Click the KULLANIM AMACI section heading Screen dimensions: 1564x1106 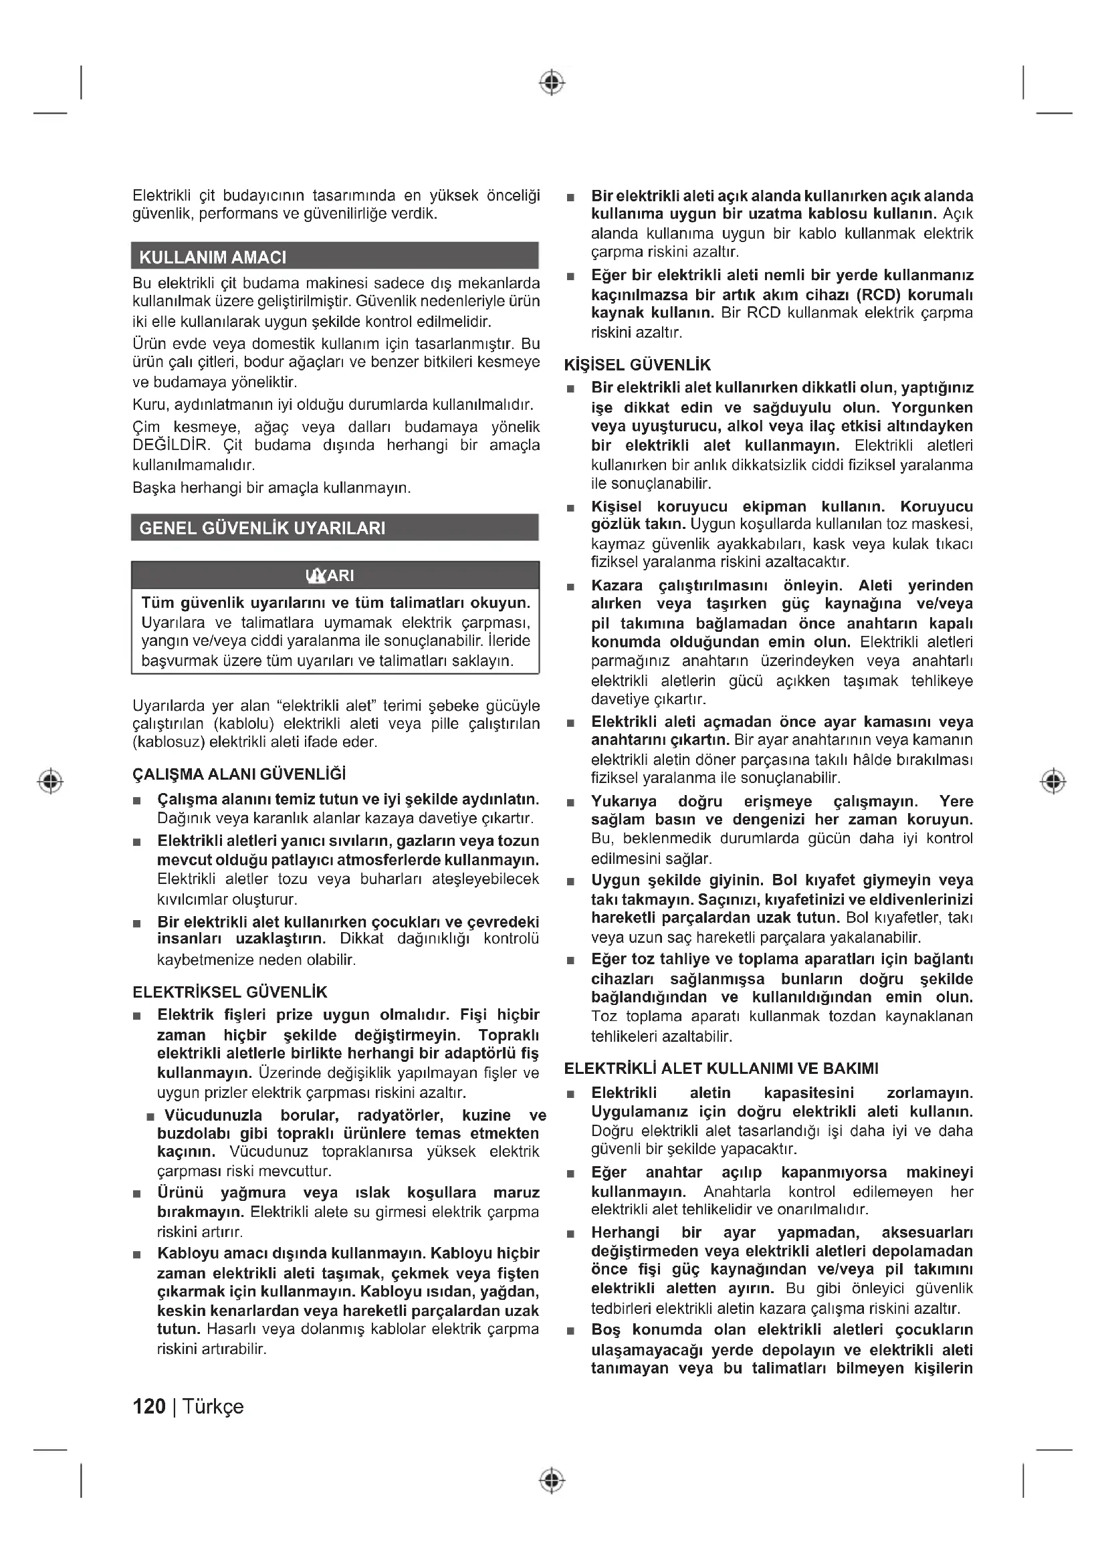pyautogui.click(x=213, y=257)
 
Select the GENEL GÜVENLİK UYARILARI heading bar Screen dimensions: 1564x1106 pyautogui.click(x=262, y=528)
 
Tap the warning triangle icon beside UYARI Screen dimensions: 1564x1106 pyautogui.click(x=316, y=576)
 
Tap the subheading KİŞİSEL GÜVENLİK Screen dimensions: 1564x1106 pyautogui.click(x=637, y=365)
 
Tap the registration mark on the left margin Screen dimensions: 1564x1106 pyautogui.click(x=50, y=780)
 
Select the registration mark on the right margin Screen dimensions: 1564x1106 pyautogui.click(x=1053, y=780)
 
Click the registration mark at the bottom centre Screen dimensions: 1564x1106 pyautogui.click(x=552, y=1481)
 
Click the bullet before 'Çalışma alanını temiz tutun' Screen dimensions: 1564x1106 pyautogui.click(x=137, y=800)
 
